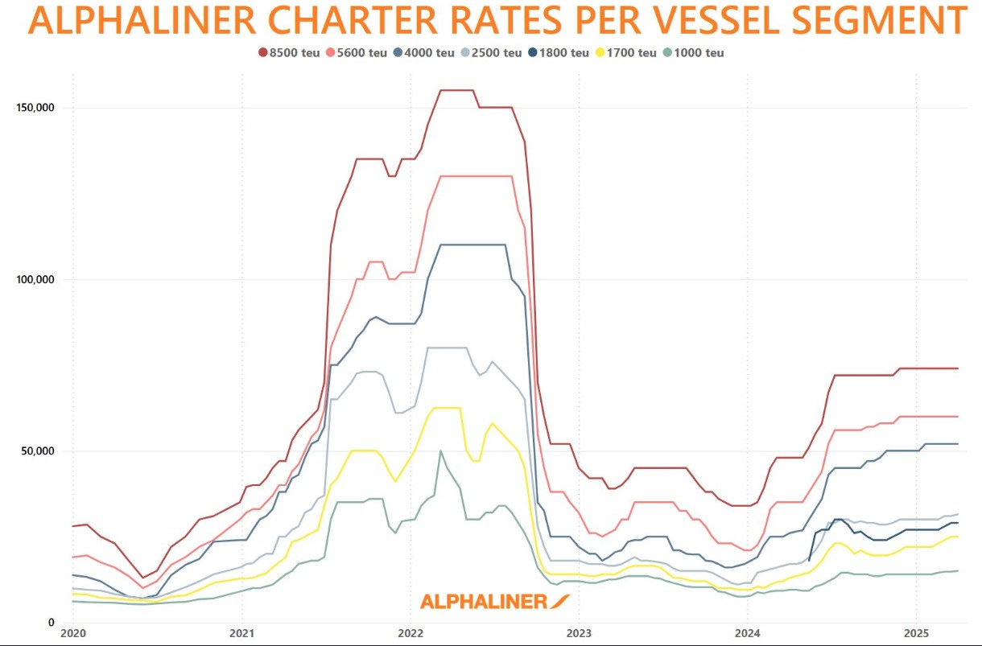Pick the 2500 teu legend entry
coord(490,53)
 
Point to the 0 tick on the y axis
coord(51,623)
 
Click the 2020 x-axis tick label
coord(72,632)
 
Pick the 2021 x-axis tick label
coord(242,632)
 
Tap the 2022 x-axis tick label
coord(411,632)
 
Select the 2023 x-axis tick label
coord(579,632)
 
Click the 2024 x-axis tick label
coord(748,632)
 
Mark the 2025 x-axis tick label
coord(917,632)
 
